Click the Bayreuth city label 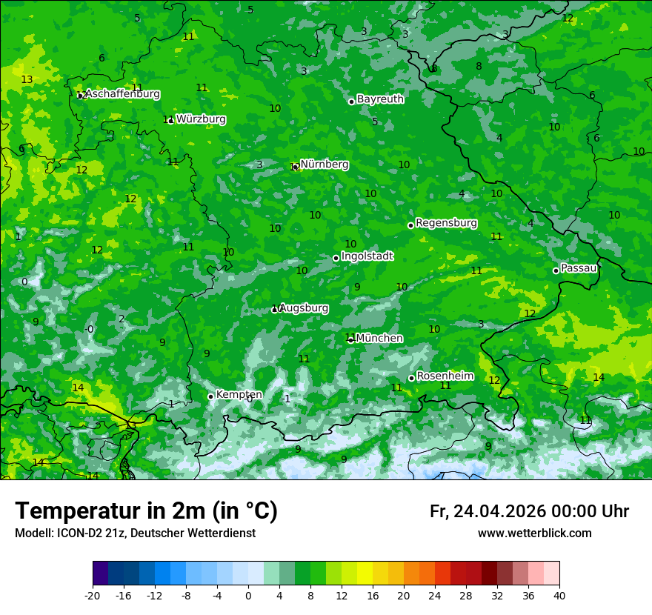(380, 99)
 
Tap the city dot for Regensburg (410, 225)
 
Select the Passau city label (579, 267)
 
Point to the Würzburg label (201, 119)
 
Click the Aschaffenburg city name (122, 93)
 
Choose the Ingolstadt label (367, 256)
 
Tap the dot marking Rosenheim (411, 379)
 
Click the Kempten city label (239, 394)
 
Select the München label (379, 338)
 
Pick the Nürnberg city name (325, 164)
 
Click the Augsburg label (304, 307)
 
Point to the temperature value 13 (27, 79)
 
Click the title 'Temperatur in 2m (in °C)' (146, 511)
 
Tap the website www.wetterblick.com (535, 533)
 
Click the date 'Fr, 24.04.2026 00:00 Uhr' (529, 511)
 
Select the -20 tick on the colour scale (93, 595)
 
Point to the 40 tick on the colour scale (559, 595)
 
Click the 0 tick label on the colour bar (248, 595)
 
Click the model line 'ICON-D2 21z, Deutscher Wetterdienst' (135, 533)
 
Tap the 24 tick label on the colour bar (435, 595)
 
